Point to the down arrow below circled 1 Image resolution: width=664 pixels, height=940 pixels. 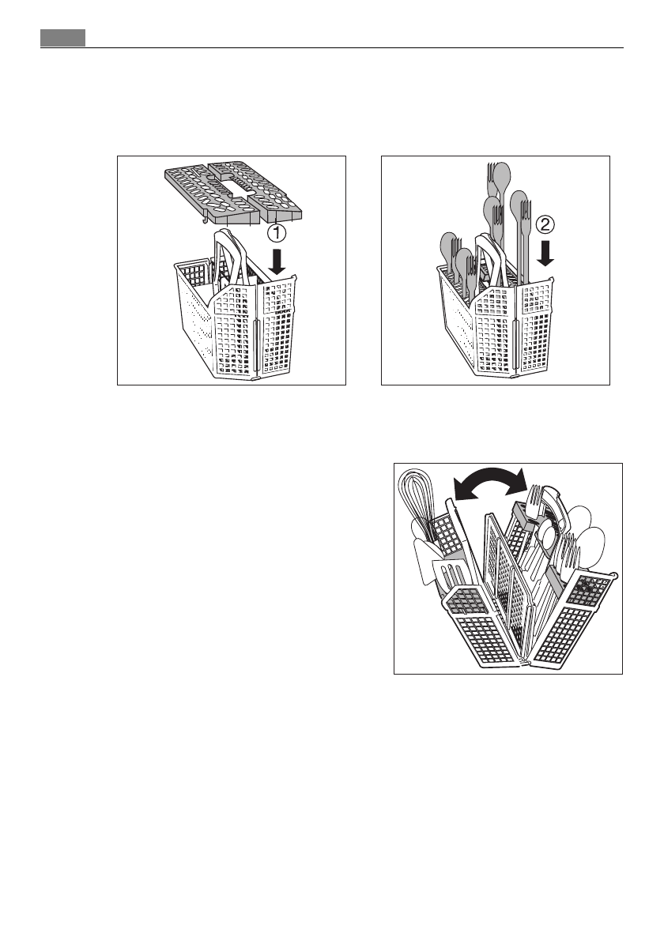click(x=276, y=261)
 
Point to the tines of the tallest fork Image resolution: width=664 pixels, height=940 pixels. click(x=487, y=171)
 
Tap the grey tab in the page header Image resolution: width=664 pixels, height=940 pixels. click(x=62, y=37)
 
